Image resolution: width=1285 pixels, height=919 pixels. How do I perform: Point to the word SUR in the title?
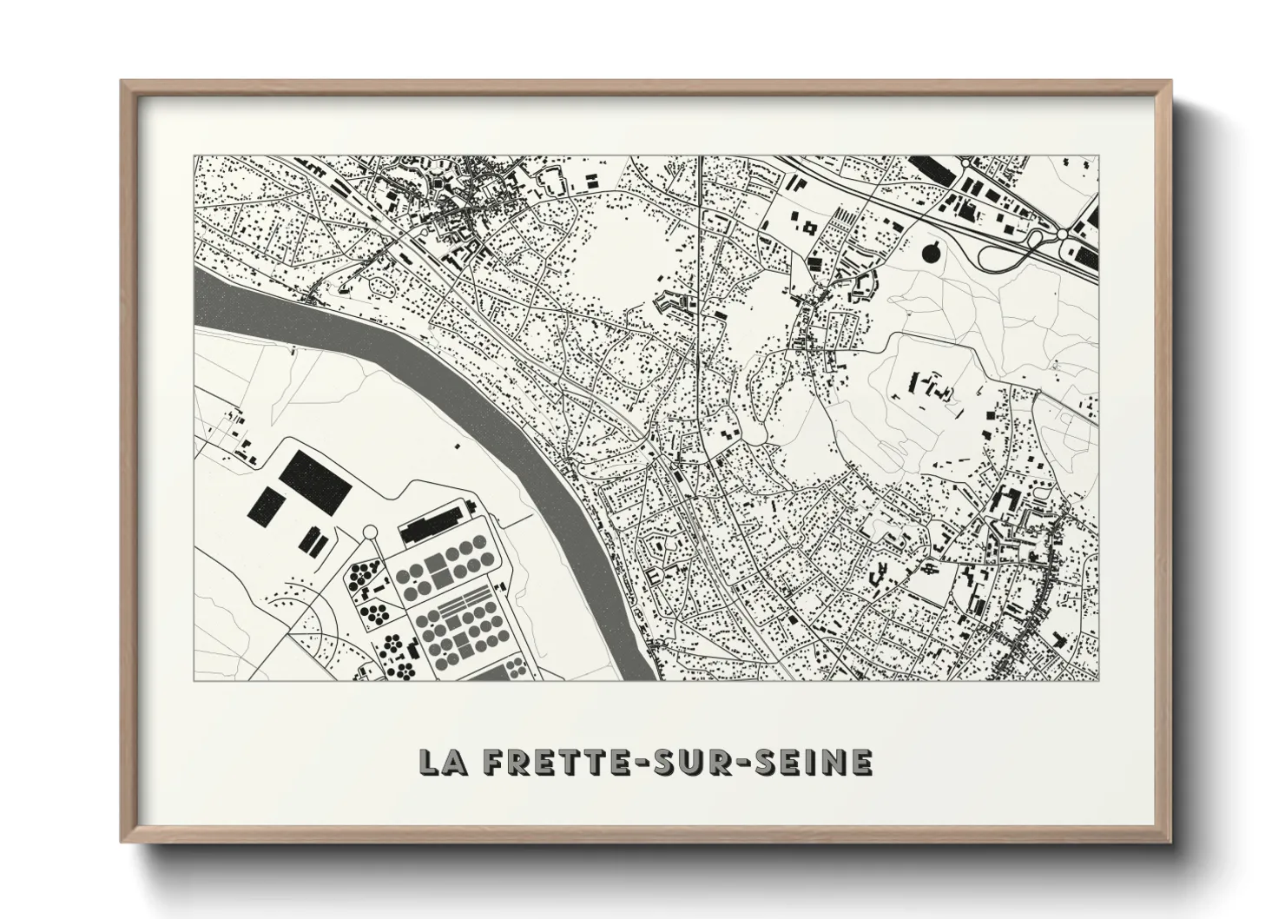coord(697,762)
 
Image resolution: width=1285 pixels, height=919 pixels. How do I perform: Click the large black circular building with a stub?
coord(930,253)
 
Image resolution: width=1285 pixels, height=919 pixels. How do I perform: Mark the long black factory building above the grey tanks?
coord(433,524)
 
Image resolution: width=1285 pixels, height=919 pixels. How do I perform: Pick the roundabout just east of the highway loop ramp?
coord(1062,235)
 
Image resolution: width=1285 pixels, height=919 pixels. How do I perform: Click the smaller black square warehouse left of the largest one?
coord(267,506)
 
